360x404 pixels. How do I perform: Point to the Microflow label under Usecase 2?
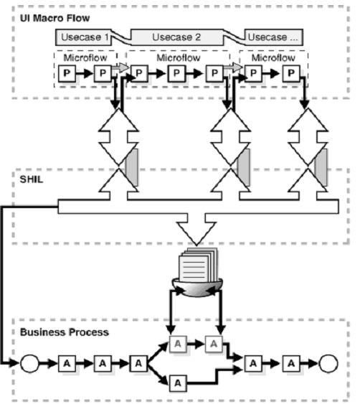[x=176, y=57]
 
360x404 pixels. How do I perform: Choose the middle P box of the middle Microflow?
[x=176, y=72]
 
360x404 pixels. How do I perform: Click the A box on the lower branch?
[x=176, y=384]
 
